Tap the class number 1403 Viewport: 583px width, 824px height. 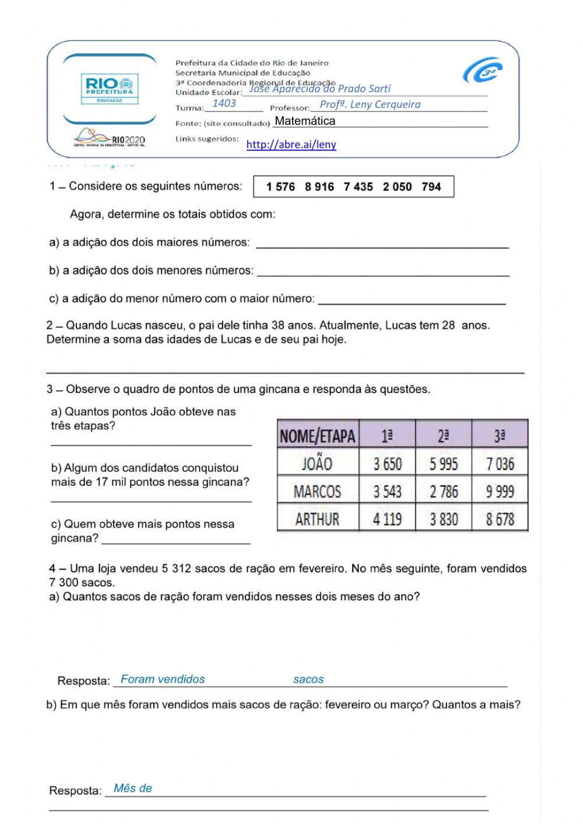point(224,104)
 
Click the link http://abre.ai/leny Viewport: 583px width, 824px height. point(291,145)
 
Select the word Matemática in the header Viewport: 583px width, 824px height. point(305,121)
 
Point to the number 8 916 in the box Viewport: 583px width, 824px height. point(319,187)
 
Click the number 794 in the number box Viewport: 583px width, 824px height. point(431,187)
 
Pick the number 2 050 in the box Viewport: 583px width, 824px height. point(397,187)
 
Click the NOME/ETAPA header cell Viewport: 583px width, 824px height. point(317,435)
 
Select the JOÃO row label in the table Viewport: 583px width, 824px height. point(317,464)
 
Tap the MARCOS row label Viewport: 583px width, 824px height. point(317,492)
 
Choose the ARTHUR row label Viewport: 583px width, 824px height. point(317,519)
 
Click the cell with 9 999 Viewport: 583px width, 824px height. point(500,492)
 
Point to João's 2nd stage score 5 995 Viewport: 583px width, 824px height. point(444,464)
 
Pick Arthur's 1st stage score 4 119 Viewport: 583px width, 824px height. point(387,519)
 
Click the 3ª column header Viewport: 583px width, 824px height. point(500,435)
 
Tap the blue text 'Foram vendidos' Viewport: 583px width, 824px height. point(163,679)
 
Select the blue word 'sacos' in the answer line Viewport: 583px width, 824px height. point(308,679)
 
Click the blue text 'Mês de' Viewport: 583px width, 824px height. point(133,788)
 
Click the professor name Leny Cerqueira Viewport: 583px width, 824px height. point(370,105)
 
